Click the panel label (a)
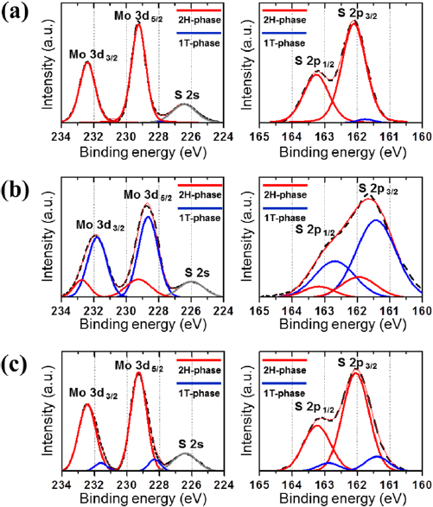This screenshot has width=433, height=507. point(16,13)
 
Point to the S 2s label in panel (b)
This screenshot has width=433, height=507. point(192,272)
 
